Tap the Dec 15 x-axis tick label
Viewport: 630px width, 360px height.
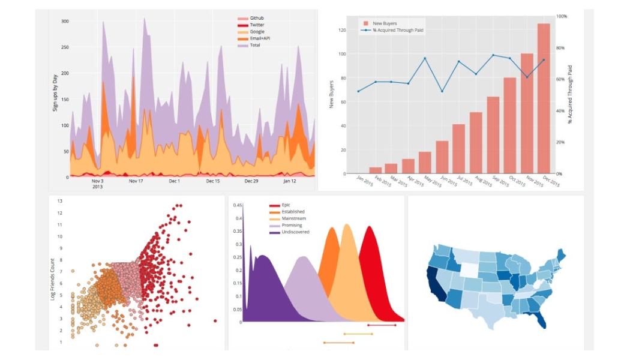pyautogui.click(x=214, y=181)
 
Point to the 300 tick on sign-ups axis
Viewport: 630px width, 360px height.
pyautogui.click(x=65, y=21)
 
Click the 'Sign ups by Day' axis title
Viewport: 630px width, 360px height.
pyautogui.click(x=55, y=93)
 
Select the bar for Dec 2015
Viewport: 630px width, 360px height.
pyautogui.click(x=544, y=99)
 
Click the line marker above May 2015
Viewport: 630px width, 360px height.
pyautogui.click(x=425, y=58)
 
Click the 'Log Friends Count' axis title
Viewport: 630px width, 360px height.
pyautogui.click(x=53, y=279)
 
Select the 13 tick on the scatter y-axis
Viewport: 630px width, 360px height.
pyautogui.click(x=59, y=201)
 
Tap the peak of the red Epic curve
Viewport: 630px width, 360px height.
pyautogui.click(x=370, y=226)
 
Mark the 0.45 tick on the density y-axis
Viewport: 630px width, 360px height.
pyautogui.click(x=238, y=205)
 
